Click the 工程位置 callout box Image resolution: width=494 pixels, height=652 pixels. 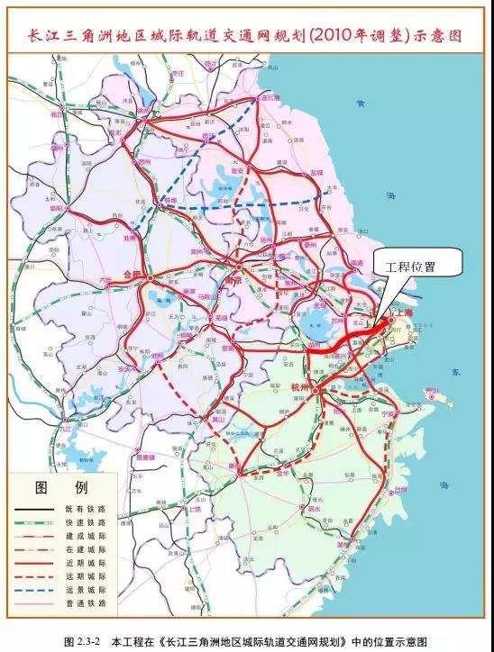click(416, 263)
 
